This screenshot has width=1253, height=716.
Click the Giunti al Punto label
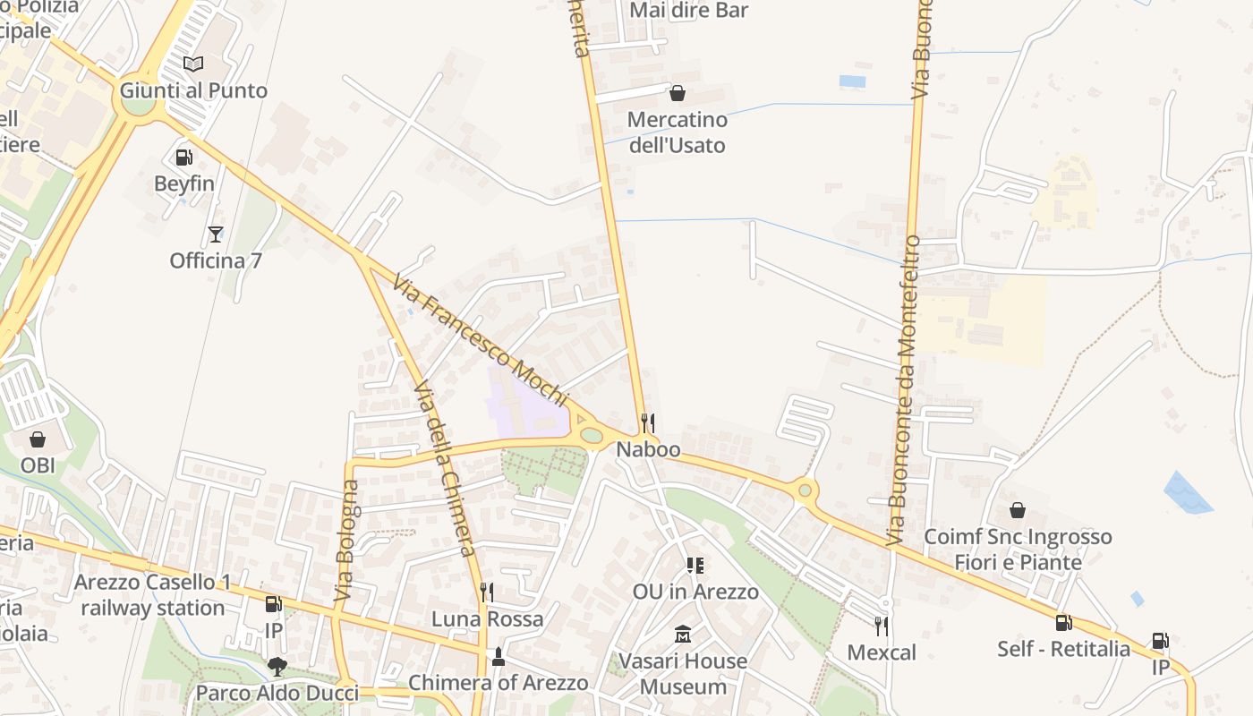[x=193, y=90]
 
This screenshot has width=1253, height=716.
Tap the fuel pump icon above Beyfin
[x=184, y=158]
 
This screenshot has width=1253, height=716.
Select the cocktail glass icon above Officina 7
[x=215, y=234]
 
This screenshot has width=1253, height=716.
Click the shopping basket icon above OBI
[x=38, y=439]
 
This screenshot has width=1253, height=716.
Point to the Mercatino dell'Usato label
[x=677, y=132]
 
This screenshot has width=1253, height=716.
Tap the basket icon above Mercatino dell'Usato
[x=678, y=93]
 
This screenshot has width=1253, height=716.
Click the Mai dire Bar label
[x=688, y=11]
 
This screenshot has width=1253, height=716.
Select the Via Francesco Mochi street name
[x=481, y=340]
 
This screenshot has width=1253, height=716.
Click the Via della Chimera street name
[x=445, y=469]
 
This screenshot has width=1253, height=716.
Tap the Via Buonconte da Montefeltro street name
[x=903, y=390]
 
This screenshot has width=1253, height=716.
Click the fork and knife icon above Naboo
[x=648, y=422]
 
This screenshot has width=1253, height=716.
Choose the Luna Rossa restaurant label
[x=487, y=619]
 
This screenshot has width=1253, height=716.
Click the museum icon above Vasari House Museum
[x=684, y=635]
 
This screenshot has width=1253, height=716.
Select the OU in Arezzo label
[x=695, y=592]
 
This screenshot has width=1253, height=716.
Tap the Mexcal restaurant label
[x=882, y=652]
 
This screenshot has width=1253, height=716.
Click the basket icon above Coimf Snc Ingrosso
[x=1018, y=510]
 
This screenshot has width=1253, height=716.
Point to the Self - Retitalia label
[x=1063, y=649]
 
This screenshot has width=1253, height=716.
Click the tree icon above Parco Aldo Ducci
[x=277, y=666]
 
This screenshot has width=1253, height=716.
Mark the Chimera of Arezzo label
[x=499, y=683]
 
